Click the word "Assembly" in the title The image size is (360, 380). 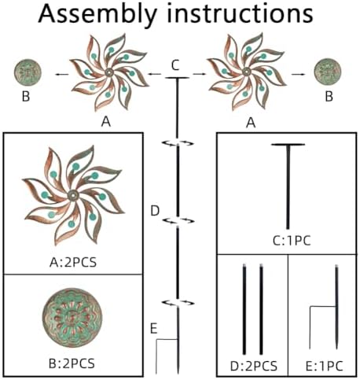pos(97,14)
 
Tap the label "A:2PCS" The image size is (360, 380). pos(73,262)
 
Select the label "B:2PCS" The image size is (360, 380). pos(72,363)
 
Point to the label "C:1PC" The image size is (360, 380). pos(292,241)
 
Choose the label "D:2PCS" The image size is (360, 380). pos(254,366)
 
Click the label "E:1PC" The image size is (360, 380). pos(325,366)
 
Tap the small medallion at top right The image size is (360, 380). pos(328,72)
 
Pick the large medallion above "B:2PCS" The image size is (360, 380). pos(72,318)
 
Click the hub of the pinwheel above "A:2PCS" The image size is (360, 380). pos(73,195)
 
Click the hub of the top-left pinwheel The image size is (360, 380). pos(108,72)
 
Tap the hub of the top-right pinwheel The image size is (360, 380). pos(246,71)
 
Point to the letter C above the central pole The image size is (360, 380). pos(175,65)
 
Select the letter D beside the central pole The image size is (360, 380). pos(155,211)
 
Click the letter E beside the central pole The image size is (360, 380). pos(154,329)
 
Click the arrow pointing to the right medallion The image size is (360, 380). pos(299,74)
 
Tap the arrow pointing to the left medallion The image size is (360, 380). pos(62,75)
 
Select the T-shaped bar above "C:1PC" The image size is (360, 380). pos(288,186)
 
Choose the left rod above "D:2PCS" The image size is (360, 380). pos(244,309)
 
